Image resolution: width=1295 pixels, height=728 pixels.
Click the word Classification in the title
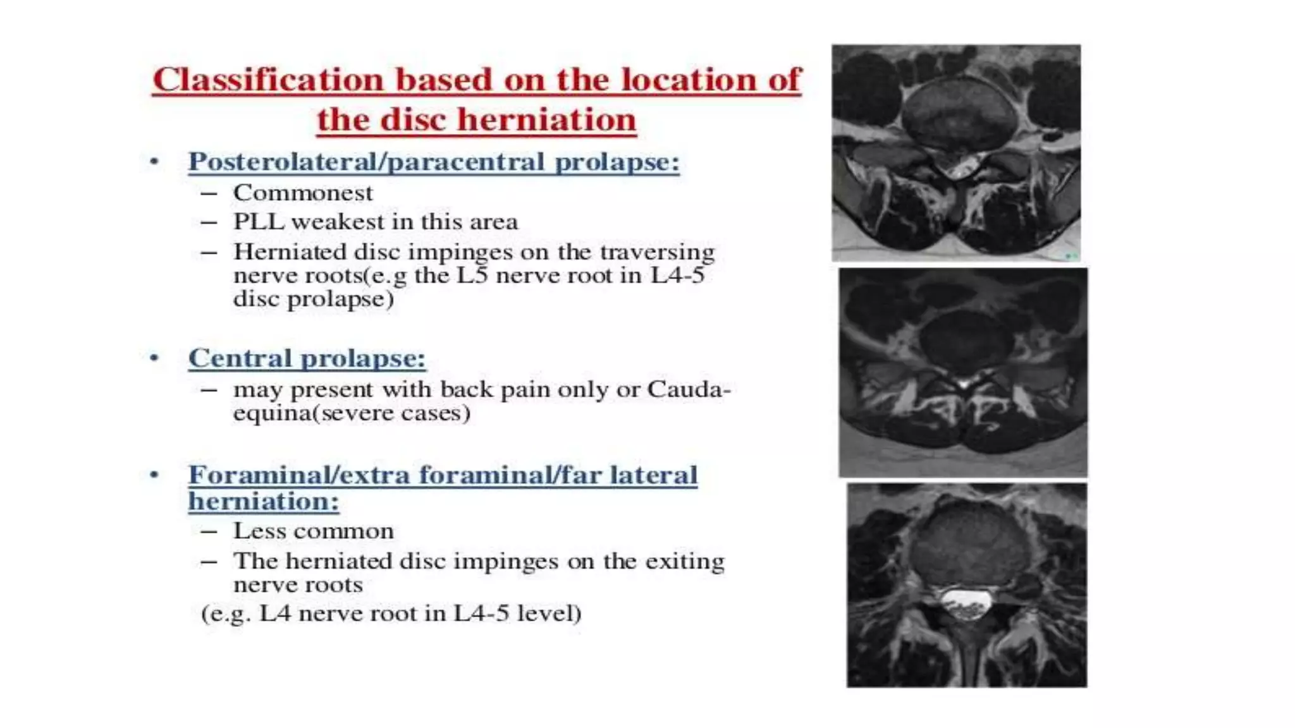[268, 80]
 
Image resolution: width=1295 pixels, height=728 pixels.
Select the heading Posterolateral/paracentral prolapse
[434, 162]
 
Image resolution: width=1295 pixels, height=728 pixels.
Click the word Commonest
[303, 193]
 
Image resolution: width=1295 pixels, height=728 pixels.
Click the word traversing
[657, 252]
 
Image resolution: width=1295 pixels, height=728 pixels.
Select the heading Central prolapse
[307, 358]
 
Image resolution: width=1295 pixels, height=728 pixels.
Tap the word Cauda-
[689, 389]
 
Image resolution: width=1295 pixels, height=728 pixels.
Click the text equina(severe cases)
[352, 413]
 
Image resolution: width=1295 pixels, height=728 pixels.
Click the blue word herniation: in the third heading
[264, 502]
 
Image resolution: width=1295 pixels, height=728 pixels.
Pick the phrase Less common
[313, 531]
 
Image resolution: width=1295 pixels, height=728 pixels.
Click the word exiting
[685, 561]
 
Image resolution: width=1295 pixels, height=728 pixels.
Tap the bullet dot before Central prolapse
[154, 358]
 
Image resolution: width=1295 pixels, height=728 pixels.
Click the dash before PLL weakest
[209, 222]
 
